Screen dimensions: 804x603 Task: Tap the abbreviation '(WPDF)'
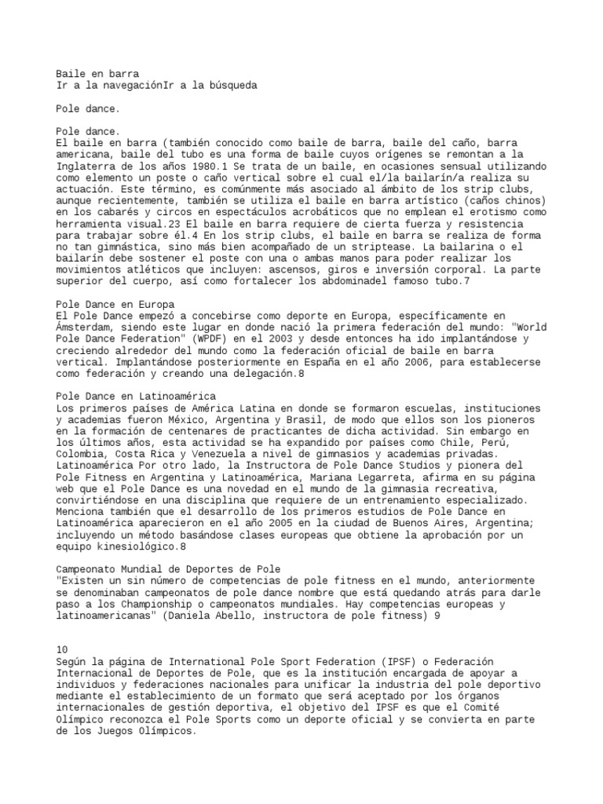point(221,338)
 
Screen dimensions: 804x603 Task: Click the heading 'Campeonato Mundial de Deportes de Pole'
point(169,568)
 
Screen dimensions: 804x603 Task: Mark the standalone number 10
point(64,649)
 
